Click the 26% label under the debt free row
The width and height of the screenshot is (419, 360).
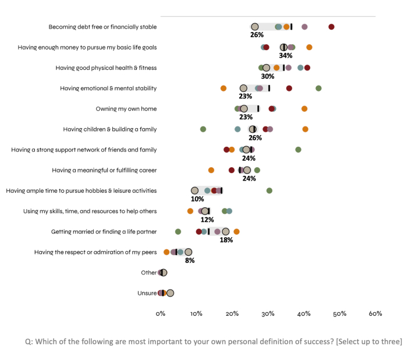(257, 35)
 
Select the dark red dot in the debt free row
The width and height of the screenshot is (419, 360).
(331, 27)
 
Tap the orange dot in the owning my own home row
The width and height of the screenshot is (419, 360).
(304, 109)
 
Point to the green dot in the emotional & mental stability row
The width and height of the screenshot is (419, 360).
(318, 88)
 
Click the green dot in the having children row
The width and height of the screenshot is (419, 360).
(203, 129)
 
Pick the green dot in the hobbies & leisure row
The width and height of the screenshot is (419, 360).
(269, 190)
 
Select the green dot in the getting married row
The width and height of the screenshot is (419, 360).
(178, 231)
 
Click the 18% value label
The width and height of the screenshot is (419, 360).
(226, 240)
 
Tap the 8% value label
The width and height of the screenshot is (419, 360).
(190, 260)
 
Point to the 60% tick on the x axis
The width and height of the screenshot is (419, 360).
(375, 313)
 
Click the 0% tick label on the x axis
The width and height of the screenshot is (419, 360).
(161, 313)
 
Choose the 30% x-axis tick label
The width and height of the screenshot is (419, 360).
(268, 313)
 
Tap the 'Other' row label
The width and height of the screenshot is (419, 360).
(148, 273)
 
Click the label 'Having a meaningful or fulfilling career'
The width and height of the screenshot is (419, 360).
(104, 170)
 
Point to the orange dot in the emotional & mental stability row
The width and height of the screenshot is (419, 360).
(223, 88)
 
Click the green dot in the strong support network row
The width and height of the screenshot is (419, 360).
(298, 150)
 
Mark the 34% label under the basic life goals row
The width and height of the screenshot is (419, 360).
(285, 55)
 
